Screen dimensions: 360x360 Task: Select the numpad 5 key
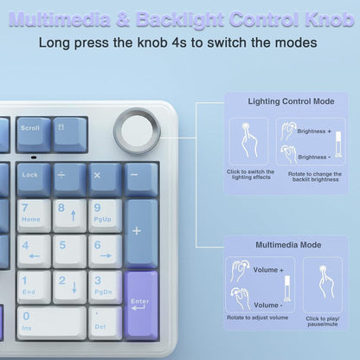point(69,251)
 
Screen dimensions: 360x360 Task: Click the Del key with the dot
point(105,322)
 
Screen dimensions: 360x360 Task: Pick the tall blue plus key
point(141,232)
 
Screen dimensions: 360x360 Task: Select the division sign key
point(69,177)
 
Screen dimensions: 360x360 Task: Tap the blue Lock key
point(33,177)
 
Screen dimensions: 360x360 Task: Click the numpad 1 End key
point(33,286)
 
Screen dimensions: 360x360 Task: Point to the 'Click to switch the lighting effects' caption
point(249,176)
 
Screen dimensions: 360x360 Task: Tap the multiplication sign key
point(105,177)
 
